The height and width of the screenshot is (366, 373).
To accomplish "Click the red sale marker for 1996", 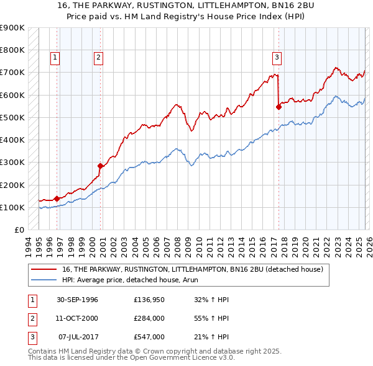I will [57, 199].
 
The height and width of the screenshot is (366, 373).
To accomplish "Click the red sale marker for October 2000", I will [100, 166].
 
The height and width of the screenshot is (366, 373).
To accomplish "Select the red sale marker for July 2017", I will [279, 107].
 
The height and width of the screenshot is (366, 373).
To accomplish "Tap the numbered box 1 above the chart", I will [55, 58].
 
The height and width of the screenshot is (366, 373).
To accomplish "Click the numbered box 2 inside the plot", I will [98, 58].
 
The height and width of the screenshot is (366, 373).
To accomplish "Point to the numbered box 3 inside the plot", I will [277, 58].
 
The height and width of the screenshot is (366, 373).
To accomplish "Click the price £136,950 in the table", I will [149, 300].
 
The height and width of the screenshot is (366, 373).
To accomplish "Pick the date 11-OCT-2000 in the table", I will [76, 318].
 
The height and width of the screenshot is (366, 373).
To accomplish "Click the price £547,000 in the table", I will [149, 337].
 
